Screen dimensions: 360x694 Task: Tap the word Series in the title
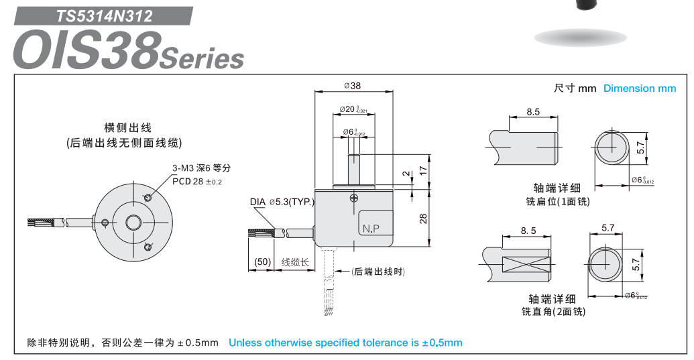[202, 59]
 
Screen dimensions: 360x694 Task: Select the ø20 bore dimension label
[353, 109]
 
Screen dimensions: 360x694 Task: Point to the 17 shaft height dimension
[423, 171]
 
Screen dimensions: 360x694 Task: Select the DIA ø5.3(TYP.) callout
[282, 201]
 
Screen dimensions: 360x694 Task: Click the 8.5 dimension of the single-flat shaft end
[533, 112]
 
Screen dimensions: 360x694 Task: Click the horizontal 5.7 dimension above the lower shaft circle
[608, 228]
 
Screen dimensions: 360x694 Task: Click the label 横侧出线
[127, 127]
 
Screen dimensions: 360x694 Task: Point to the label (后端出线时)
[379, 272]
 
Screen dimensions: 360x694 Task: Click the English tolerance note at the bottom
[345, 343]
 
